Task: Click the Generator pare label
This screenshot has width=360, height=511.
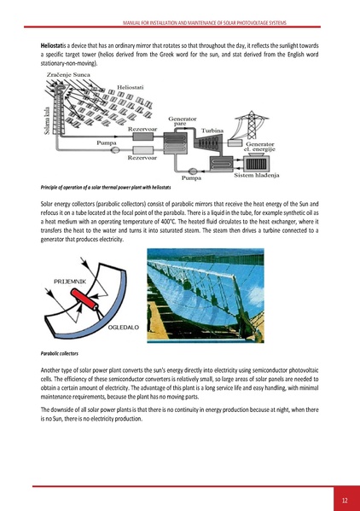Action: click(x=185, y=122)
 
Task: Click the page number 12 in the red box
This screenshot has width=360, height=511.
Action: click(x=343, y=499)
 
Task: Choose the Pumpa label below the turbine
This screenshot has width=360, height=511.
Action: click(x=191, y=179)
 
